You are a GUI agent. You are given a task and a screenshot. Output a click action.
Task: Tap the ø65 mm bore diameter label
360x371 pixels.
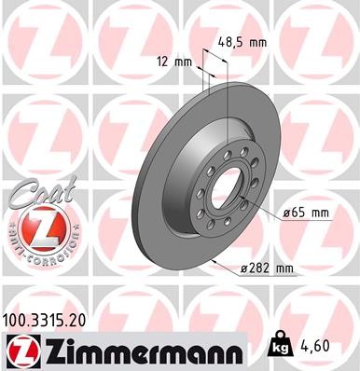click(x=308, y=213)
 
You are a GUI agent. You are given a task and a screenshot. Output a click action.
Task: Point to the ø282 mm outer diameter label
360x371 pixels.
click(x=267, y=269)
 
